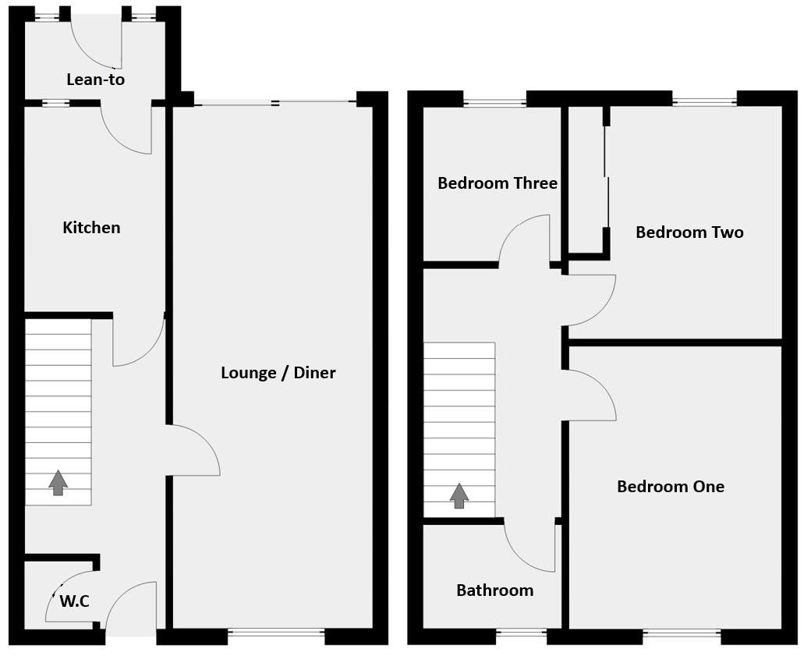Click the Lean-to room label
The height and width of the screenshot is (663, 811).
(95, 80)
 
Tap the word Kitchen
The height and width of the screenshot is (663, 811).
(91, 228)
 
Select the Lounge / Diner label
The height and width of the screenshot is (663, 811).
(278, 373)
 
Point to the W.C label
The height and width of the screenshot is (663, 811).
(74, 601)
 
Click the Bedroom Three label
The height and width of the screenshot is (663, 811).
(497, 183)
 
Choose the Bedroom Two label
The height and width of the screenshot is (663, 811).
(689, 232)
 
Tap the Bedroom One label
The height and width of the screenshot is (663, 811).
(670, 487)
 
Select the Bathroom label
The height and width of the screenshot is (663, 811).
(494, 590)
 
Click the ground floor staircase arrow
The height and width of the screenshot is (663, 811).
(58, 483)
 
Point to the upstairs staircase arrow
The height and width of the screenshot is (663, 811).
(459, 496)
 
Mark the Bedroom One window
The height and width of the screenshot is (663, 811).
(682, 633)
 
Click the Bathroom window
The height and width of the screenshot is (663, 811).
(521, 633)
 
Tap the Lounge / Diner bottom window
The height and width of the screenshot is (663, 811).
(276, 633)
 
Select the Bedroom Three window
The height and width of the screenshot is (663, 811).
(494, 101)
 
